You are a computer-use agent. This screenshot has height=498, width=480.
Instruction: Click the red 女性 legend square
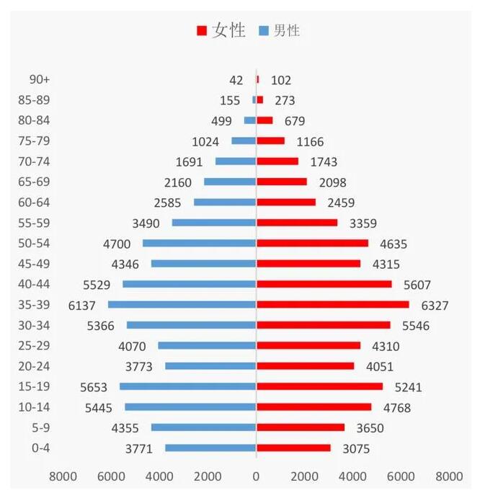pos(202,30)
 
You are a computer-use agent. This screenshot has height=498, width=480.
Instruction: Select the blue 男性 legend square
pos(263,30)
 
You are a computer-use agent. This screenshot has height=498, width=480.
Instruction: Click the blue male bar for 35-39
pos(182,305)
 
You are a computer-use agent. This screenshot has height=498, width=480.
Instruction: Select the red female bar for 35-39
pos(332,305)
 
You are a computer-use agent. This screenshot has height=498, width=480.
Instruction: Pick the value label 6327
pos(433,306)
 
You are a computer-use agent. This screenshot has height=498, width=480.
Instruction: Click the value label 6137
pos(82,306)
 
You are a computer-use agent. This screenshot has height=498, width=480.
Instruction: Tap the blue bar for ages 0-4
pos(210,448)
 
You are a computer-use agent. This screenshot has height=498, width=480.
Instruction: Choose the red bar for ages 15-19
pos(319,386)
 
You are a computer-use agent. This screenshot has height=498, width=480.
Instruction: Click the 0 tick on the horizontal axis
pos(256,476)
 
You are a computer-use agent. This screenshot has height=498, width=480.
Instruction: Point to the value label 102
pos(281,80)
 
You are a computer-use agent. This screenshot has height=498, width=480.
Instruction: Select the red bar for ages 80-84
pos(265,120)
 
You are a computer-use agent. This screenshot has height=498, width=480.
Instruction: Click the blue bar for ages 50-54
pos(200,243)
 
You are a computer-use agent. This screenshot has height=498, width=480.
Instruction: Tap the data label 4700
pos(117,244)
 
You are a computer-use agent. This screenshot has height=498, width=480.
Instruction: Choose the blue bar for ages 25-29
pos(208,346)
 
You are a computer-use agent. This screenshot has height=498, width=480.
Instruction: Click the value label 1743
pos(321,162)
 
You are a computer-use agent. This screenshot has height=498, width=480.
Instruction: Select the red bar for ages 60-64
pos(286,203)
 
